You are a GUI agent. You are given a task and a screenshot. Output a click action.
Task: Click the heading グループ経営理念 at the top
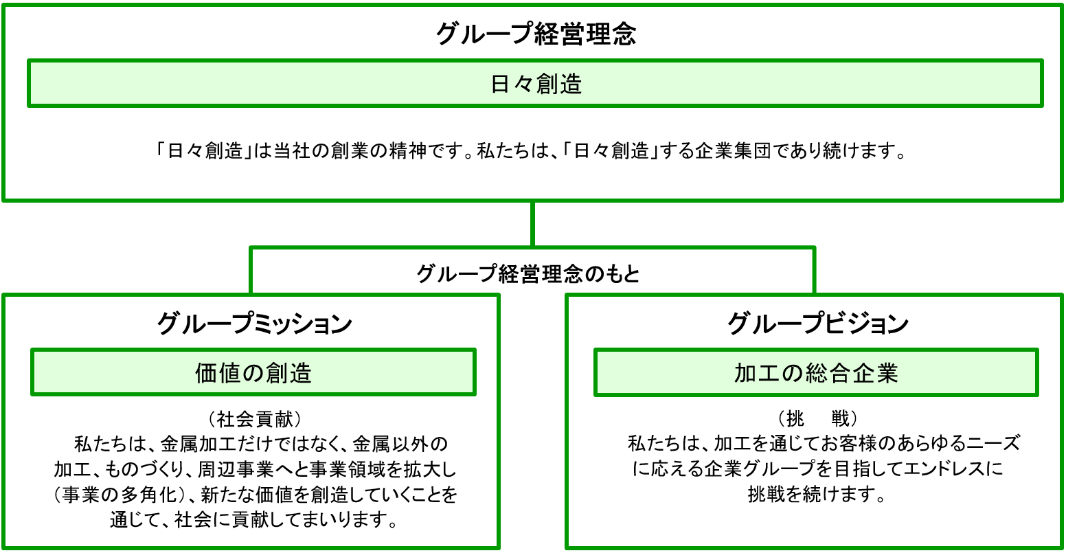536,34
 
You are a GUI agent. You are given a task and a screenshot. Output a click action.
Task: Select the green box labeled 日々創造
535,83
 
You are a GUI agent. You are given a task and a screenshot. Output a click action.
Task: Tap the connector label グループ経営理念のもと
528,273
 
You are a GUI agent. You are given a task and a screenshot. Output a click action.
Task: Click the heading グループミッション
255,324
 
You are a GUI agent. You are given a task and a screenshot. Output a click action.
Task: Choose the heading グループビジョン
817,324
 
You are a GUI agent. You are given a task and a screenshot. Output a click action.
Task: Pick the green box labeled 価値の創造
253,372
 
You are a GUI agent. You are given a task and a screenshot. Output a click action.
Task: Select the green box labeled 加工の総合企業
816,372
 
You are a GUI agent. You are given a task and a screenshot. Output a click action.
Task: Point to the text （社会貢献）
255,419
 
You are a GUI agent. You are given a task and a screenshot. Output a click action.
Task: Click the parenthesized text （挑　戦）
817,419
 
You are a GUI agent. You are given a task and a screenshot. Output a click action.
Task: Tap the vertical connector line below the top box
532,224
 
